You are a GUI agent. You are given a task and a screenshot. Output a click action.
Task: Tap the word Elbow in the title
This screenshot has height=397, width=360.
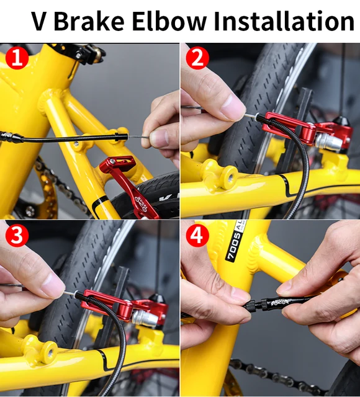click(x=168, y=21)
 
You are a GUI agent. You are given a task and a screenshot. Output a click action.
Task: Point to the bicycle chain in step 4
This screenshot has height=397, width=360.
click(x=273, y=376)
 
